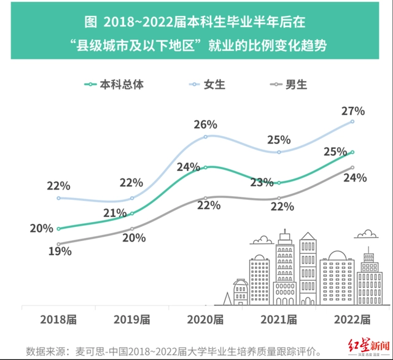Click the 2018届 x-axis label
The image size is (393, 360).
(x=59, y=320)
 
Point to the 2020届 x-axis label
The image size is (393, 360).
(x=205, y=320)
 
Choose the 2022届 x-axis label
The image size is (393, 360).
(x=352, y=320)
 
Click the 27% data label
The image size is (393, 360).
(x=353, y=111)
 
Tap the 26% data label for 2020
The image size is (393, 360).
(x=205, y=124)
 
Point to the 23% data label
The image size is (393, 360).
(x=262, y=182)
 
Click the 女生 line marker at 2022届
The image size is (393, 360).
(x=352, y=121)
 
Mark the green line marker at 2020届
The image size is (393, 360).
(x=205, y=167)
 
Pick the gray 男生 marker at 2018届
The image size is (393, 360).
(x=59, y=244)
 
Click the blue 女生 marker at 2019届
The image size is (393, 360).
(x=132, y=198)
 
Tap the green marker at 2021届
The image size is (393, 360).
(x=279, y=183)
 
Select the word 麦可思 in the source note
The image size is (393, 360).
(x=90, y=351)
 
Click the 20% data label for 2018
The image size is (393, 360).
(x=41, y=229)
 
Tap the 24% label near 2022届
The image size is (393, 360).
(x=354, y=178)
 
